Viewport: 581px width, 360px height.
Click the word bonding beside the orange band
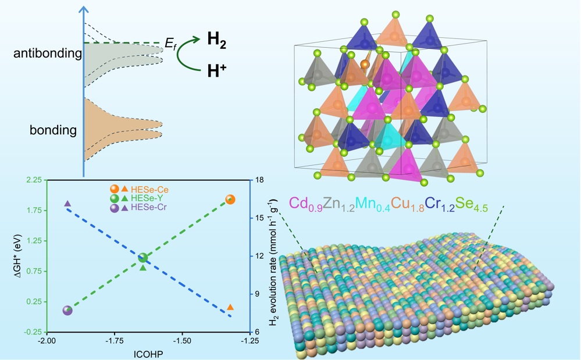click(53, 130)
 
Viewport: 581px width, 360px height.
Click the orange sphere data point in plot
click(230, 199)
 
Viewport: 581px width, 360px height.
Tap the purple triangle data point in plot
click(67, 204)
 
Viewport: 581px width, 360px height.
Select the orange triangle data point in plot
click(230, 307)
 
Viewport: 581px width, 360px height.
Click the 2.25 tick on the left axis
click(32, 180)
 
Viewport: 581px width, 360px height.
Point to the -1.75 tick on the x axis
click(115, 341)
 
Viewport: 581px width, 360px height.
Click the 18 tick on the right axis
click(260, 180)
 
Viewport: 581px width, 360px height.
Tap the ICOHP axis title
click(148, 352)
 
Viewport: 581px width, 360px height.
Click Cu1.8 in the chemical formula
click(406, 204)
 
